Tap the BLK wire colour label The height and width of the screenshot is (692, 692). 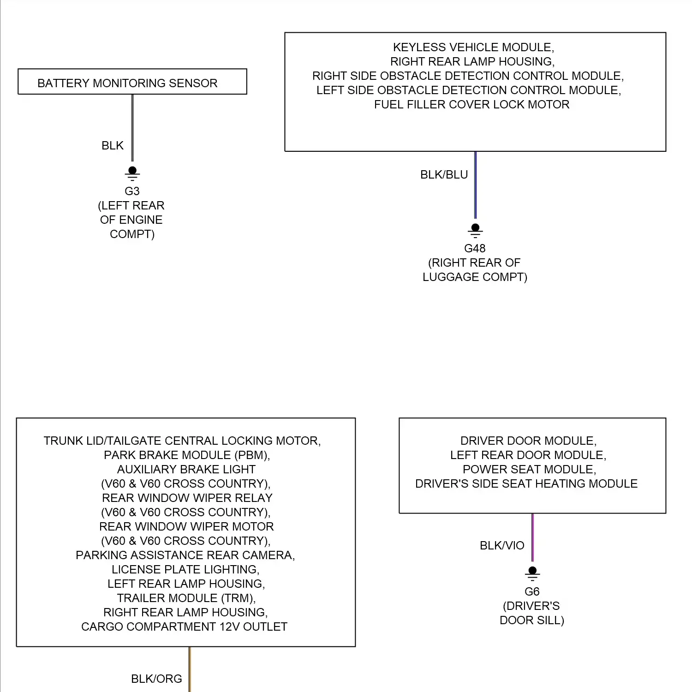(113, 146)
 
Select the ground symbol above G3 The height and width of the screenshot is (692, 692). (132, 173)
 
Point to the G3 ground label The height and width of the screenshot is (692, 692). (132, 191)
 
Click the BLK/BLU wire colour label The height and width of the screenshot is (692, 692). (444, 175)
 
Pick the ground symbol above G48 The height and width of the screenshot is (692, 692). (475, 231)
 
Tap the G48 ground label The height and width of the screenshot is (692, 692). (475, 249)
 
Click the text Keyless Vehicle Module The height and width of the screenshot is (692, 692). (473, 48)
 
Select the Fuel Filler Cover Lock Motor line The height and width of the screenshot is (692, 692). (471, 105)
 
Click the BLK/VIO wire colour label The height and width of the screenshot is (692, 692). (502, 546)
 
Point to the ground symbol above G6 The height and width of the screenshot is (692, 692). (532, 573)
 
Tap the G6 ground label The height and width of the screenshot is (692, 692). (532, 592)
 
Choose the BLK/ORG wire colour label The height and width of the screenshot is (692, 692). (156, 679)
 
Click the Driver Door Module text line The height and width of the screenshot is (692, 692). (529, 441)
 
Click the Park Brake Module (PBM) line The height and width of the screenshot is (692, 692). (187, 455)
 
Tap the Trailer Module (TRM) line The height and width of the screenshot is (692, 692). (186, 598)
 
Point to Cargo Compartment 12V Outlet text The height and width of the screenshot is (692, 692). (184, 627)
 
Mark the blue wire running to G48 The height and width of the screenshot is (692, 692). (475, 185)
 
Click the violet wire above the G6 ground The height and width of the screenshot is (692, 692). (532, 537)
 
